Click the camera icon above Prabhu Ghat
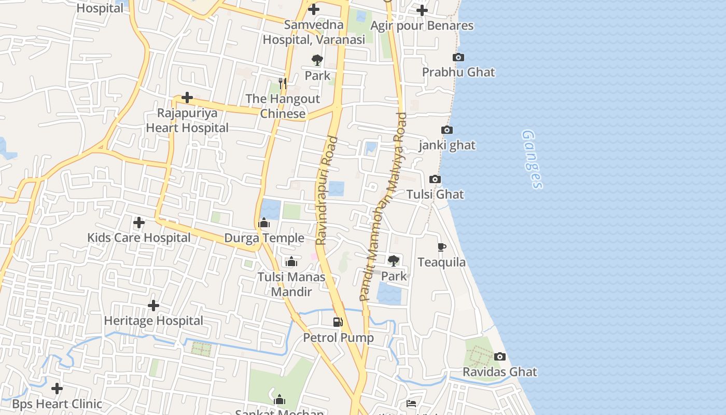pyautogui.click(x=458, y=57)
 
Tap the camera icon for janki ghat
pyautogui.click(x=446, y=130)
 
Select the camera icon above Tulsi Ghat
pyautogui.click(x=435, y=179)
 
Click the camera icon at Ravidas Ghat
pyautogui.click(x=500, y=356)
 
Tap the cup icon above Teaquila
pyautogui.click(x=442, y=247)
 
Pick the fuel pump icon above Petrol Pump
pyautogui.click(x=338, y=322)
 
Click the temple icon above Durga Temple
pyautogui.click(x=264, y=223)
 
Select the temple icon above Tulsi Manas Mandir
pyautogui.click(x=291, y=261)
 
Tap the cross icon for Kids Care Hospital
pyautogui.click(x=139, y=223)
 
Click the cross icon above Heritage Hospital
pyautogui.click(x=153, y=306)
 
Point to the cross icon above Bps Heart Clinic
pyautogui.click(x=57, y=388)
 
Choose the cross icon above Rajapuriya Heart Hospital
pyautogui.click(x=187, y=98)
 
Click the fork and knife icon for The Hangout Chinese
pyautogui.click(x=283, y=83)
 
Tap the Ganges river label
pyautogui.click(x=533, y=159)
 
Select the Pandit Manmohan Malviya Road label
pyautogui.click(x=383, y=207)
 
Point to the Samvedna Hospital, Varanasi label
pyautogui.click(x=314, y=32)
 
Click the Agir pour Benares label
pyautogui.click(x=422, y=25)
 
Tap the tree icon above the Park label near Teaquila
pyautogui.click(x=394, y=260)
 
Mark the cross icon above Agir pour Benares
pyautogui.click(x=422, y=10)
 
